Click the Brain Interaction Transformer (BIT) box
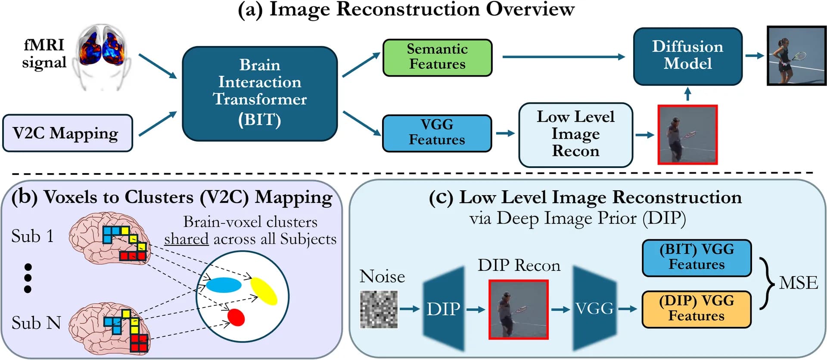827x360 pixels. coord(260,93)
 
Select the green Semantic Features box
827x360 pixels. coord(437,58)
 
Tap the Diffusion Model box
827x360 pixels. coord(687,56)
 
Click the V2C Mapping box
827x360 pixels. coord(67,133)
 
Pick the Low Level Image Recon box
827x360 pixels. coord(575,134)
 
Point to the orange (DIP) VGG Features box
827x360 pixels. coord(696,309)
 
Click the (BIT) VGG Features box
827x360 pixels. coord(696,258)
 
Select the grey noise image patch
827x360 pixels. coord(379,309)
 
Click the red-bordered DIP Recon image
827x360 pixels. coord(519,309)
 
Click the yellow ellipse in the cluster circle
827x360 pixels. coord(264,291)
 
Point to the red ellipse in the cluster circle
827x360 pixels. coord(236,317)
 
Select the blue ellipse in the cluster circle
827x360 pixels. coord(224,285)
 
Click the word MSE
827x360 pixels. coord(799,283)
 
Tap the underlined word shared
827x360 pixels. coord(186,239)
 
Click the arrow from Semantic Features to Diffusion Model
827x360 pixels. coord(564,56)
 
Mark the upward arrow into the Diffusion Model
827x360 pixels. coord(687,94)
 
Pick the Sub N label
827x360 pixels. coord(36,323)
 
